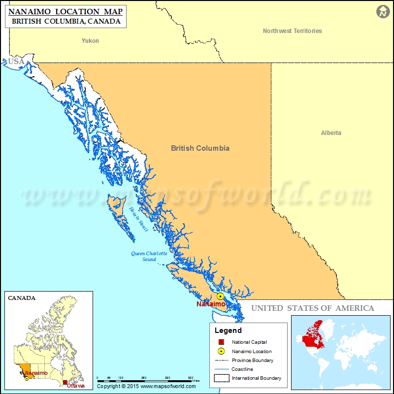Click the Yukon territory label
(x=90, y=41)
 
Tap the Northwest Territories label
(x=292, y=31)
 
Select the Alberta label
(x=331, y=133)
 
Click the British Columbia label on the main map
(x=200, y=148)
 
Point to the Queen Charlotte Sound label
(x=149, y=256)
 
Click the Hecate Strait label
(x=138, y=219)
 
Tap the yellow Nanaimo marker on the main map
(x=220, y=296)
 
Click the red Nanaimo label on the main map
(x=211, y=304)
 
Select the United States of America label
(x=313, y=308)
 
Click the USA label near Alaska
(x=16, y=62)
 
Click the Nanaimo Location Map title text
(x=66, y=10)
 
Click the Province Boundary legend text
(x=253, y=361)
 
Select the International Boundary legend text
(x=257, y=378)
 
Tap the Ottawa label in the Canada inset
(x=75, y=386)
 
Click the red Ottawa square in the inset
(x=65, y=382)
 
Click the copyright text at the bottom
(x=143, y=386)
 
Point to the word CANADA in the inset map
(x=22, y=298)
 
